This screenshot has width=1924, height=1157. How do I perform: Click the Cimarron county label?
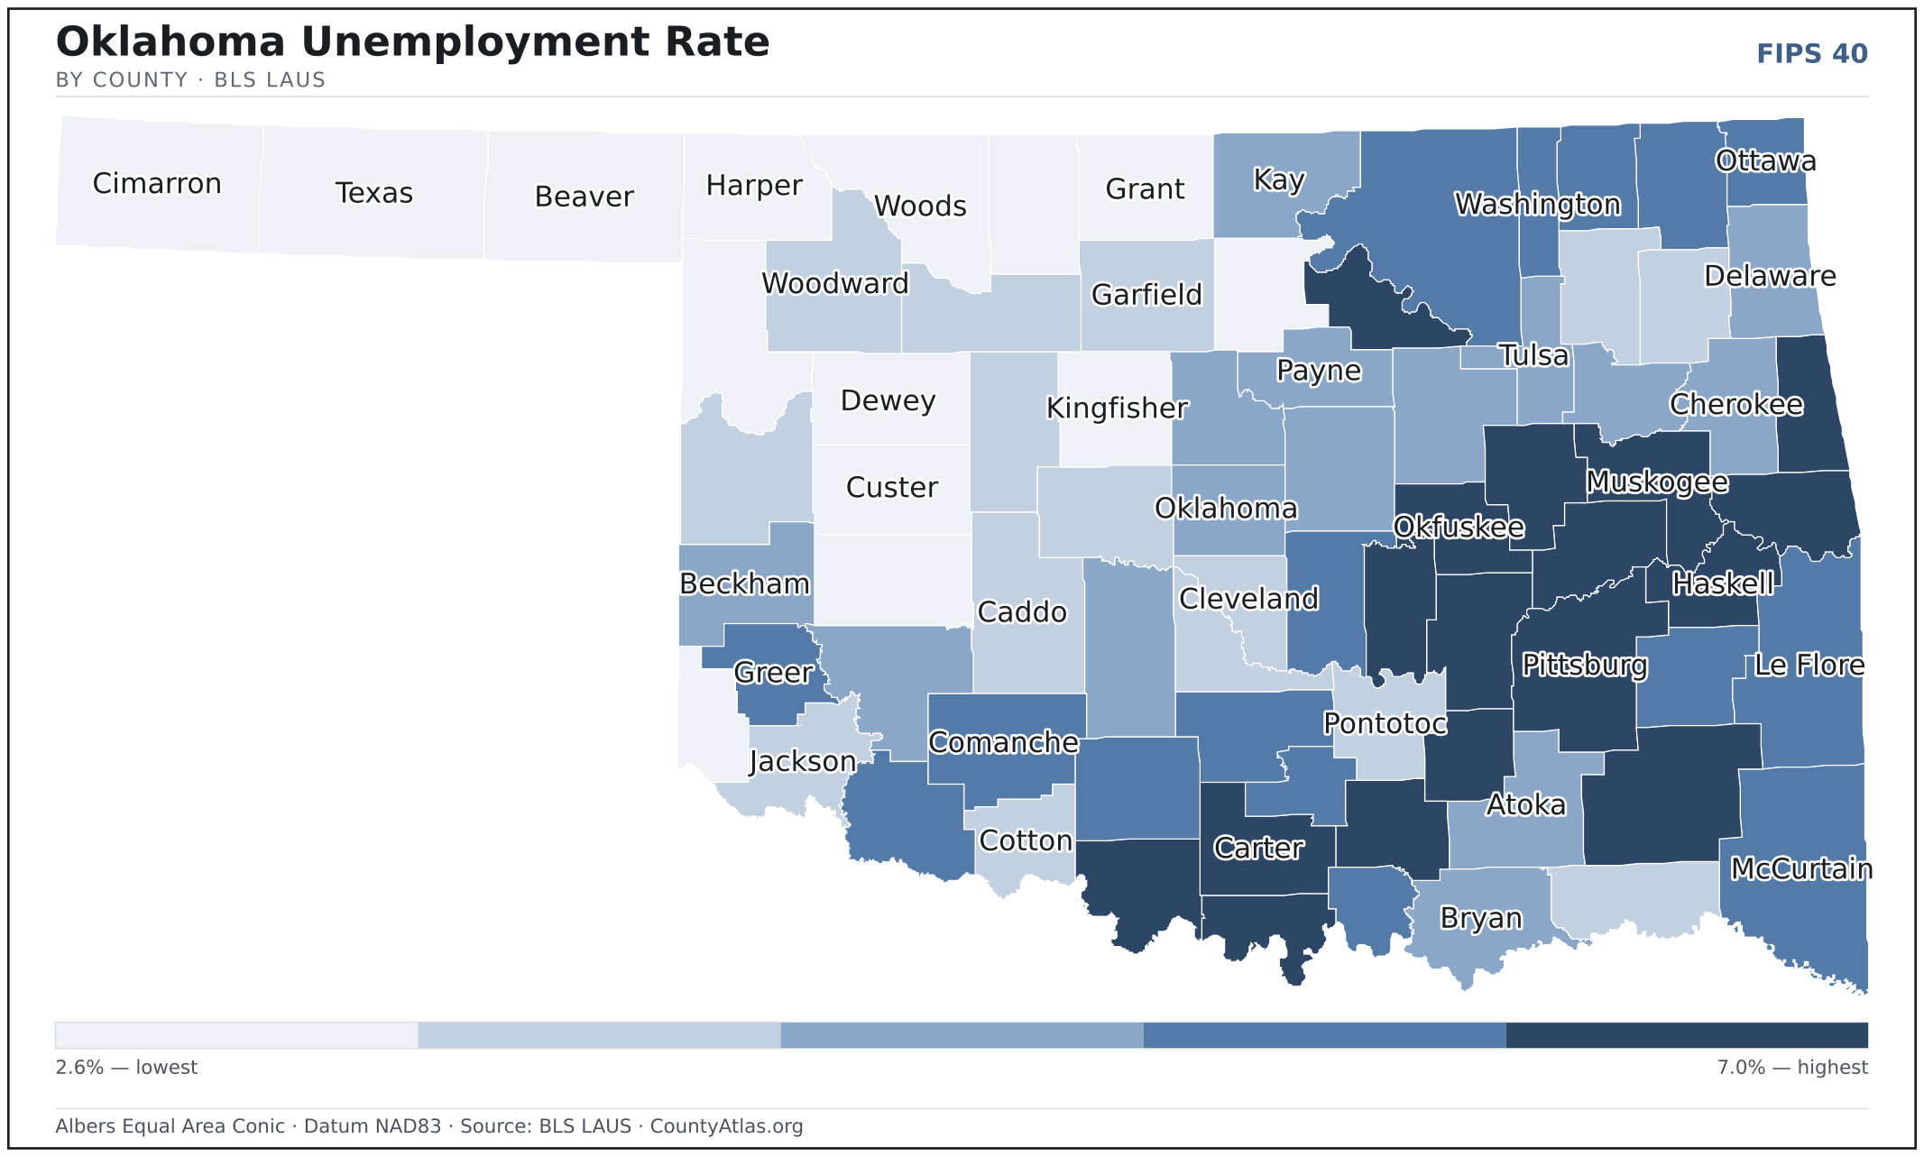tap(157, 184)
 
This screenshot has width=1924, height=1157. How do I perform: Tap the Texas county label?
tap(374, 193)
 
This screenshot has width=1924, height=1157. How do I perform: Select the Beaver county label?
tap(585, 197)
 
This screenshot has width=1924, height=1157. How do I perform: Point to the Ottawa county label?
tap(1766, 161)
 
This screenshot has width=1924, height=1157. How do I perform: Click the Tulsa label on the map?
tap(1534, 355)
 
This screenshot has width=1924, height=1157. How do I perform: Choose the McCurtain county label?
tap(1801, 868)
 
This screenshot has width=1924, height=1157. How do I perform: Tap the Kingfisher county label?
tap(1117, 409)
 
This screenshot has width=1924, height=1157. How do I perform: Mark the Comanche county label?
tap(1003, 742)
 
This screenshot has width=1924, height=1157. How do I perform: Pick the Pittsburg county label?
tap(1585, 666)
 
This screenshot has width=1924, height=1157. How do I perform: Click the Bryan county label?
tap(1481, 919)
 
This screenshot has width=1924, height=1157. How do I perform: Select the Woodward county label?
tap(835, 283)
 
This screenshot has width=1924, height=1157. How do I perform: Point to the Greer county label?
tap(773, 673)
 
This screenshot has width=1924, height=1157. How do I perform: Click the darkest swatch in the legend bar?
tap(1687, 1035)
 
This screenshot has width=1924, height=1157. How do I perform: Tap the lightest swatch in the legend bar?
tap(236, 1035)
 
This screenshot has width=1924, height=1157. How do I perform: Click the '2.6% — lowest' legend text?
tap(126, 1068)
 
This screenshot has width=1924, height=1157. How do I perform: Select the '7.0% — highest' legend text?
tap(1792, 1068)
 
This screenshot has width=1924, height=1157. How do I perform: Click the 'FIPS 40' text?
tap(1812, 54)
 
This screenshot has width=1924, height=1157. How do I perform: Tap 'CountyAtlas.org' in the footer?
tap(726, 1126)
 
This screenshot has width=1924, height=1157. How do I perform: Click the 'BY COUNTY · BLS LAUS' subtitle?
tap(190, 80)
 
